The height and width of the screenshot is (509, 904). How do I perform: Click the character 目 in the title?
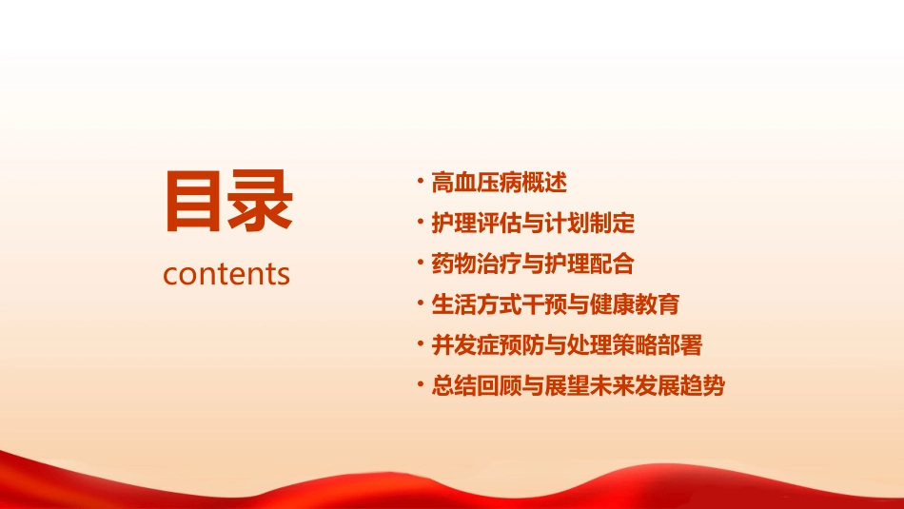coord(196,201)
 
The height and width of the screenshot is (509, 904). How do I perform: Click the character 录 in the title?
coord(260,201)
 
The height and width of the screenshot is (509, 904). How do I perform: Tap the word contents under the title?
coord(226,274)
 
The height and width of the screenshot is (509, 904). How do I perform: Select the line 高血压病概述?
coord(499,183)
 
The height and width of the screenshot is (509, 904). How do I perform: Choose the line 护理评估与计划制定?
coord(532,224)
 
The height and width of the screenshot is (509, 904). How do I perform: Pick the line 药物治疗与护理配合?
coord(532,264)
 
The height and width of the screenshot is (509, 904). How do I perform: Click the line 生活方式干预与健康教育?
coord(555,304)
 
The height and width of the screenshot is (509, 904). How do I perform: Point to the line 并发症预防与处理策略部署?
coord(566,345)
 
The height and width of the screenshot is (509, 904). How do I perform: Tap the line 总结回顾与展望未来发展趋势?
coord(578,386)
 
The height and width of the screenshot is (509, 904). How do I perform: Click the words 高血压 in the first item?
coord(465,183)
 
